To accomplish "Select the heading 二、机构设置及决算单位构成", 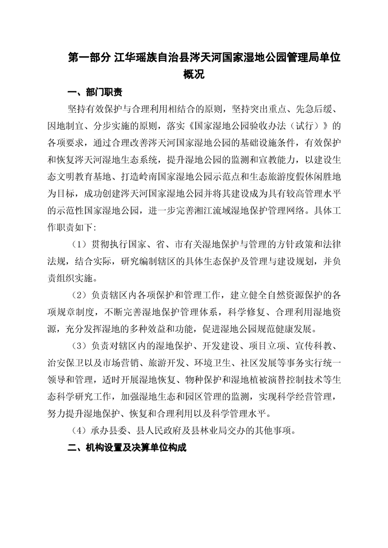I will pyautogui.click(x=127, y=448).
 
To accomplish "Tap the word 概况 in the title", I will pyautogui.click(x=194, y=75).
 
